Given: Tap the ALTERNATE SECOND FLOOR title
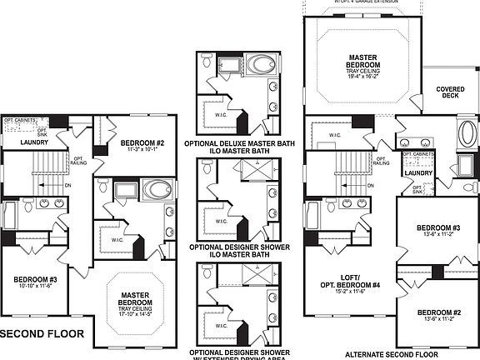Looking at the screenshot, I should (392, 352).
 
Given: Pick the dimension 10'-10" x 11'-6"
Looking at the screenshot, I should (34, 286).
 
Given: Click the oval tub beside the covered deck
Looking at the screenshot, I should (467, 133).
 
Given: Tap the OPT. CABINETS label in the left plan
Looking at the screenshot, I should (20, 121).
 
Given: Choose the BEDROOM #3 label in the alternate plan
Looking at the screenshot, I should (438, 227).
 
